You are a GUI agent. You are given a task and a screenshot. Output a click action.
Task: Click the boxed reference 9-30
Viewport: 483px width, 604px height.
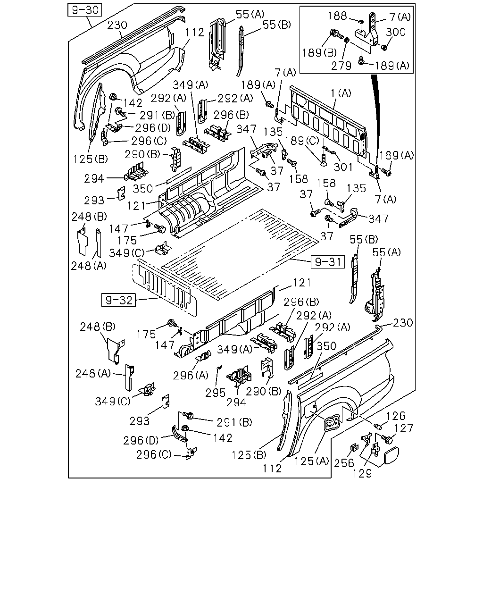(85, 10)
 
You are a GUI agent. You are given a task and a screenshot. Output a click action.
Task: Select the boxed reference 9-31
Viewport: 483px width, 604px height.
(328, 261)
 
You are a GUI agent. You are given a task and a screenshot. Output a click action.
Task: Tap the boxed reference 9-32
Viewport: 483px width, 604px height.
(118, 300)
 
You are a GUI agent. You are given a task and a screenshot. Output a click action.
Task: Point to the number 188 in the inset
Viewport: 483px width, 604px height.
(337, 16)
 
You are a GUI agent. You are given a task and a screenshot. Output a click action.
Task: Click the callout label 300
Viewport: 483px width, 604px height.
(395, 32)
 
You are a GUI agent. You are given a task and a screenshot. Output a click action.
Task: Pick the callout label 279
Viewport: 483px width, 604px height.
(341, 66)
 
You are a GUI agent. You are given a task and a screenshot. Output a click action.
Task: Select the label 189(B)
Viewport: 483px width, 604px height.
(319, 52)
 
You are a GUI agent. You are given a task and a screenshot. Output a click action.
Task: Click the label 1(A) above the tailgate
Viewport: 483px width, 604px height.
(341, 93)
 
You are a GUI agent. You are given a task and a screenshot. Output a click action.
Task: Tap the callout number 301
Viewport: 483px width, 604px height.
(343, 167)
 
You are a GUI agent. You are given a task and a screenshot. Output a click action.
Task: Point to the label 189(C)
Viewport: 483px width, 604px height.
(302, 141)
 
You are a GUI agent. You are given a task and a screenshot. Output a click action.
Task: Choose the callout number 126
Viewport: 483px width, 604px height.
(396, 416)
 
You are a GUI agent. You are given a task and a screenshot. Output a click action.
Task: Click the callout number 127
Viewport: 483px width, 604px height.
(404, 428)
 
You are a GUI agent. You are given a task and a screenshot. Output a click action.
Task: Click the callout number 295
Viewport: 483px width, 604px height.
(215, 393)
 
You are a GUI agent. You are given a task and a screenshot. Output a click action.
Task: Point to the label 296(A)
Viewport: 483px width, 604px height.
(191, 375)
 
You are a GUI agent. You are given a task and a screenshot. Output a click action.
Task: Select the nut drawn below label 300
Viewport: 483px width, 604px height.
(384, 48)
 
